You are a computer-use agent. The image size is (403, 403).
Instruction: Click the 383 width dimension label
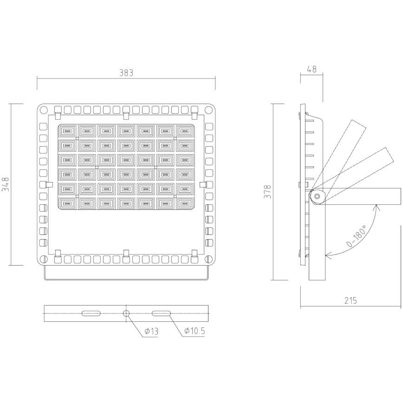coord(126,73)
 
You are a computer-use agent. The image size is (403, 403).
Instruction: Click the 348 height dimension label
coord(6,185)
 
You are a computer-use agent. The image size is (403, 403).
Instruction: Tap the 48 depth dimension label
coord(312,69)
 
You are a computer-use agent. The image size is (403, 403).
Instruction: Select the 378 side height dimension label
coord(268,192)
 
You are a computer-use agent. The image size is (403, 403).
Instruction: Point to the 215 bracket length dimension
coord(351,300)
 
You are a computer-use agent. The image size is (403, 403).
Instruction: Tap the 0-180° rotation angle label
coord(356,237)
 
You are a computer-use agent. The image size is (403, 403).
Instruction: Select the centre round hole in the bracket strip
coord(126,313)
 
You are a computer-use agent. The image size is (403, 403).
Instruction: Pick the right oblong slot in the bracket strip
coord(161,313)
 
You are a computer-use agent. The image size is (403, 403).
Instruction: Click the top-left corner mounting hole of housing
coord(43,110)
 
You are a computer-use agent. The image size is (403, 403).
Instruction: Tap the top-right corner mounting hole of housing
coord(209,110)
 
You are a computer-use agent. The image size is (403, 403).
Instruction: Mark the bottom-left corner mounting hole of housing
coord(43,259)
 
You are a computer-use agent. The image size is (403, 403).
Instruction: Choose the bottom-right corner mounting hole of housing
coord(209,259)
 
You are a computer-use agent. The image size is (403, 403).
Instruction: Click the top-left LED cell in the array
coord(67,131)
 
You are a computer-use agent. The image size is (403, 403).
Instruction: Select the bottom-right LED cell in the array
coord(185,203)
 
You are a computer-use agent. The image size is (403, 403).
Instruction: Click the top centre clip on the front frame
coord(126,114)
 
